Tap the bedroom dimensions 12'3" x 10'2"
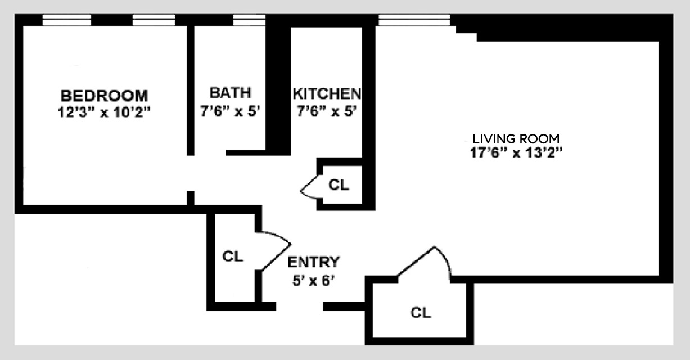[x=104, y=111]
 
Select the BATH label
[x=230, y=93]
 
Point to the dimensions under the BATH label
[x=230, y=111]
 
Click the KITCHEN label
[x=327, y=93]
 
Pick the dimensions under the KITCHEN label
[x=327, y=111]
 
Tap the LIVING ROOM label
[x=516, y=138]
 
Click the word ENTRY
[x=313, y=262]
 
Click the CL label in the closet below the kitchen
[x=339, y=184]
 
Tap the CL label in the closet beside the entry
[x=232, y=256]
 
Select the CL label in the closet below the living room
[x=421, y=313]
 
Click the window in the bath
[x=249, y=21]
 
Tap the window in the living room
[x=414, y=21]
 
